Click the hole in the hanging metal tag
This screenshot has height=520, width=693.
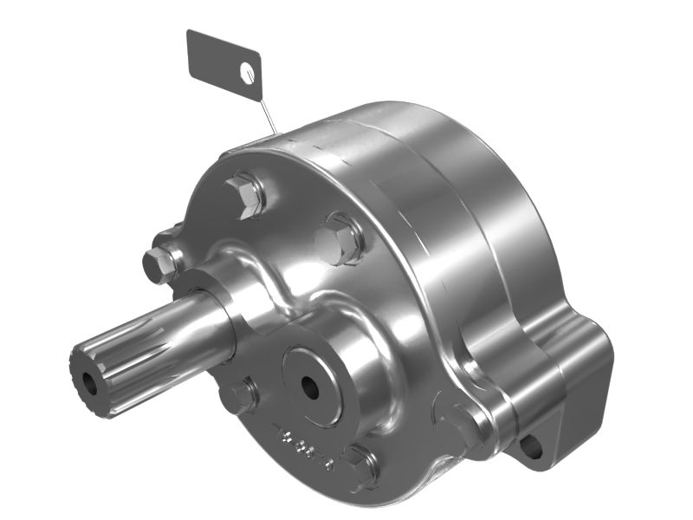click(249, 73)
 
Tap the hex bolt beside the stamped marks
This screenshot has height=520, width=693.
click(359, 465)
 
